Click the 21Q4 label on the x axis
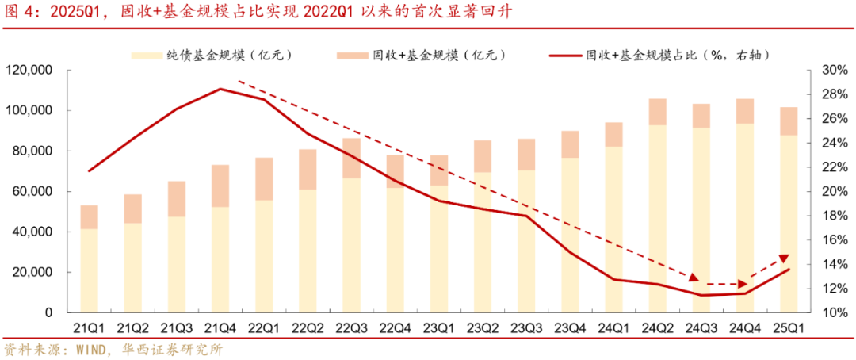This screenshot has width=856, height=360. (x=220, y=327)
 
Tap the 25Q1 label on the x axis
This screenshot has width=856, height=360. (x=789, y=327)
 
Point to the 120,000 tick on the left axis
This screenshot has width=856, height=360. (x=29, y=71)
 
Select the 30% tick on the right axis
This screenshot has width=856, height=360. (x=831, y=71)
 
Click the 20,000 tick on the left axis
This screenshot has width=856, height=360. (x=32, y=273)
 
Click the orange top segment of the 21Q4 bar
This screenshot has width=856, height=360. (x=220, y=186)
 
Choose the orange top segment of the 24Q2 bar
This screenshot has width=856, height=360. (x=657, y=112)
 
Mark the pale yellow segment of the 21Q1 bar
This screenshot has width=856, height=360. (x=90, y=270)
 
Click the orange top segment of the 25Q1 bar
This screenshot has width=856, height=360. (x=789, y=121)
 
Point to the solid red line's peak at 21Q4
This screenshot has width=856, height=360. (x=220, y=89)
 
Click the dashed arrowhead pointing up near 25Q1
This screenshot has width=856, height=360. (x=784, y=259)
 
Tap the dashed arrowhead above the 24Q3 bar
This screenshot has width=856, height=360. (x=694, y=278)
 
